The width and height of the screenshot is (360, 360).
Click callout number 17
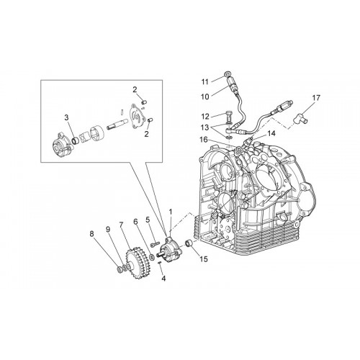pos(316,98)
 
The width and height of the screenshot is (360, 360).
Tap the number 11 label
pos(204,82)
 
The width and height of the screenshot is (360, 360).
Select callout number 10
pos(205,96)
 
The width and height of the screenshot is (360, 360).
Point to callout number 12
pos(205,117)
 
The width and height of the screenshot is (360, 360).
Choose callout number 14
pos(271,133)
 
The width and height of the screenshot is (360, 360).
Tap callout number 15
pos(204,259)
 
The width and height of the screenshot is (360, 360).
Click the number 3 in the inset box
pos(66,117)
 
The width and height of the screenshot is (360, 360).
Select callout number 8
pos(92,234)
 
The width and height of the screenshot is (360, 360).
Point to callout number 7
pos(121,225)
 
